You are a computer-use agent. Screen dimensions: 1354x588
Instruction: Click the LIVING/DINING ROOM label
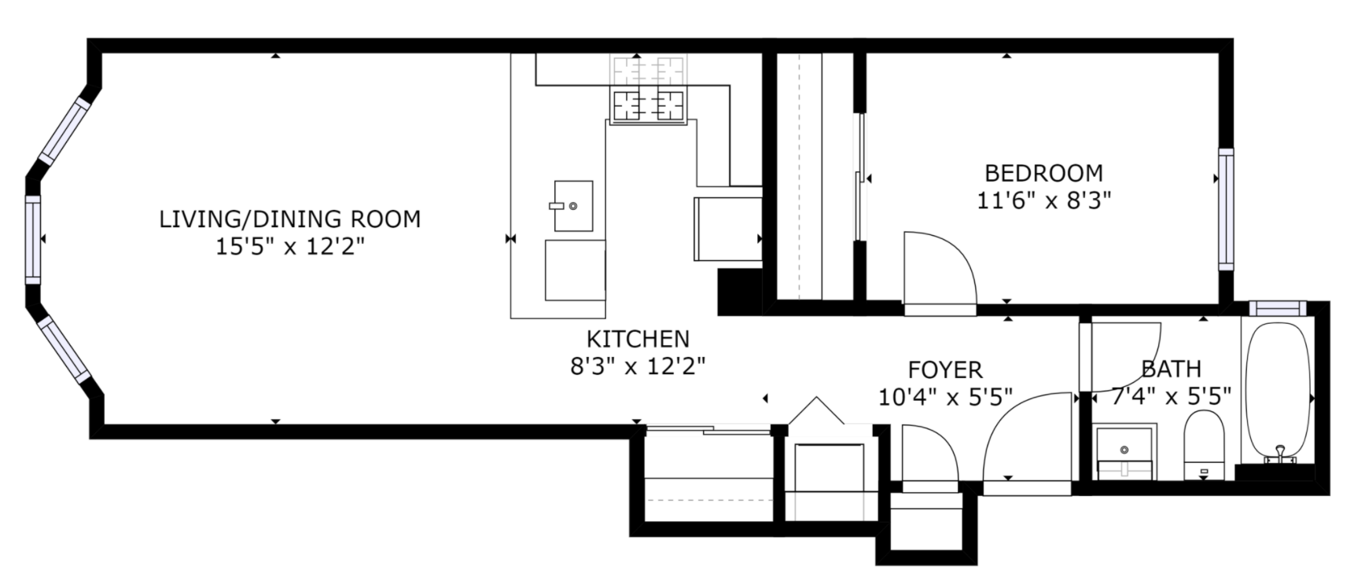pyautogui.click(x=290, y=219)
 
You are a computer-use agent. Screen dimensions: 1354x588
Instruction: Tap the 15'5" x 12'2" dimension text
pyautogui.click(x=290, y=247)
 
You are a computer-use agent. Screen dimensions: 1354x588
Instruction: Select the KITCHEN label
pyautogui.click(x=638, y=339)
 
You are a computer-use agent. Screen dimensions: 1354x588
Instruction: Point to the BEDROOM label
pyautogui.click(x=1043, y=173)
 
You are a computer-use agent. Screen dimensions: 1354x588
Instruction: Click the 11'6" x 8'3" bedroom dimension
pyautogui.click(x=1043, y=201)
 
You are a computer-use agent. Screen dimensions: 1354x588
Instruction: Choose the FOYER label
pyautogui.click(x=945, y=369)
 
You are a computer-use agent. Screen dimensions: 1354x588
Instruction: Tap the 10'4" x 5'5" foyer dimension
pyautogui.click(x=945, y=398)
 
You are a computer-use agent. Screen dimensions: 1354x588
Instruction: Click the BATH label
pyautogui.click(x=1171, y=369)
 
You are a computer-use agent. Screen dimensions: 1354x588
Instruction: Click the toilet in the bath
pyautogui.click(x=1204, y=445)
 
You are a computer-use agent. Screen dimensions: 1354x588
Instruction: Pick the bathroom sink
pyautogui.click(x=1124, y=451)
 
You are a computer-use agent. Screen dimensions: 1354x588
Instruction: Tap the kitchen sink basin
pyautogui.click(x=573, y=205)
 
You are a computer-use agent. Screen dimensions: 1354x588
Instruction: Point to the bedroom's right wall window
pyautogui.click(x=1225, y=208)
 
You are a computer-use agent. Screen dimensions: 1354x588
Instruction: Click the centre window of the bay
pyautogui.click(x=33, y=239)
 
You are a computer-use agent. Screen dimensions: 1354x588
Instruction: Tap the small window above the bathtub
pyautogui.click(x=1277, y=308)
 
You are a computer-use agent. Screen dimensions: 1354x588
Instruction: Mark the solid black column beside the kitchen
pyautogui.click(x=740, y=292)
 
